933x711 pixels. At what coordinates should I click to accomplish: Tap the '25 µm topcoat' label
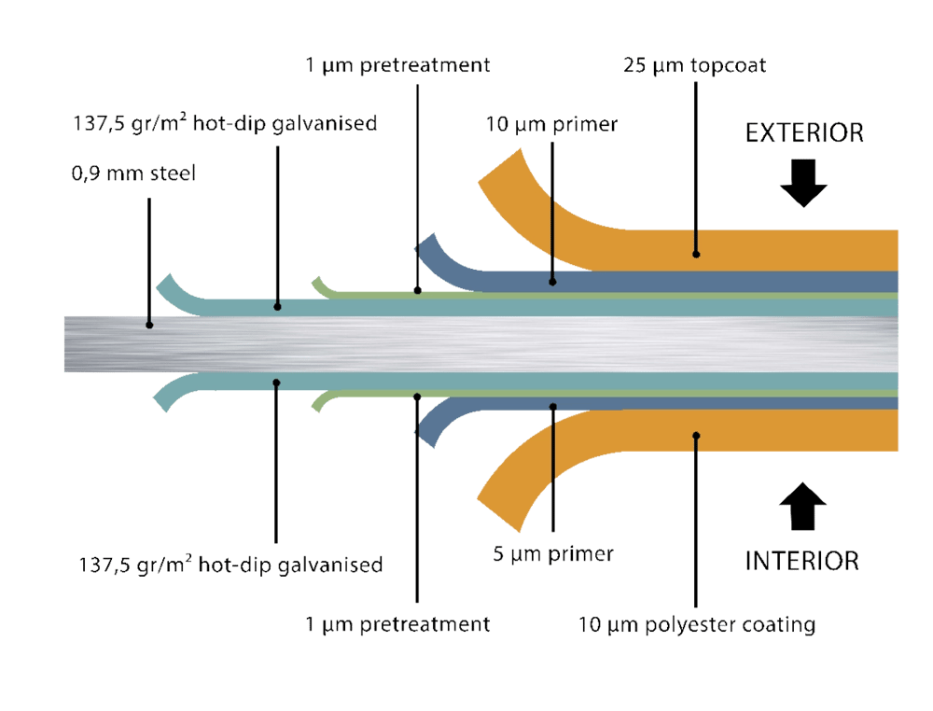[x=694, y=66]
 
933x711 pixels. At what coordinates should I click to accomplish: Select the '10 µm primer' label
[x=551, y=123]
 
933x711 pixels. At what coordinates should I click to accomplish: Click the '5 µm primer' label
[x=552, y=553]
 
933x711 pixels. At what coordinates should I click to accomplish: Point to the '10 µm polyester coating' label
[x=696, y=624]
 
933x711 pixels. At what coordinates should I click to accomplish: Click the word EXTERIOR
[x=803, y=133]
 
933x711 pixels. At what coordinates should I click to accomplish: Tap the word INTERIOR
[x=802, y=561]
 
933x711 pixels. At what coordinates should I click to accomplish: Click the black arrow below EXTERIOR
[x=803, y=184]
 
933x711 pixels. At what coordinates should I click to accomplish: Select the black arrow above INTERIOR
[x=803, y=510]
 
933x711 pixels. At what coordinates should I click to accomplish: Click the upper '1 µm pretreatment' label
[x=397, y=66]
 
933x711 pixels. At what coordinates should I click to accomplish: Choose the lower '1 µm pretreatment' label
[x=397, y=624]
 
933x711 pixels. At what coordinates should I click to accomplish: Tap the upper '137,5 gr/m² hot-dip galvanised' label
[x=225, y=123]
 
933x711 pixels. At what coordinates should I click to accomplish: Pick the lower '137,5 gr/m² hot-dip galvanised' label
[x=230, y=565]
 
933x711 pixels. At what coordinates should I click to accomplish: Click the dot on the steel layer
[x=149, y=326]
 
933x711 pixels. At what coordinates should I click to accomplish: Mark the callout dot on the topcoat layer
[x=695, y=252]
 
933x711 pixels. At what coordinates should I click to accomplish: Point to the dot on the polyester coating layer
[x=695, y=435]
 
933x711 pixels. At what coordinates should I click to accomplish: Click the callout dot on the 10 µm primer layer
[x=552, y=279]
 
